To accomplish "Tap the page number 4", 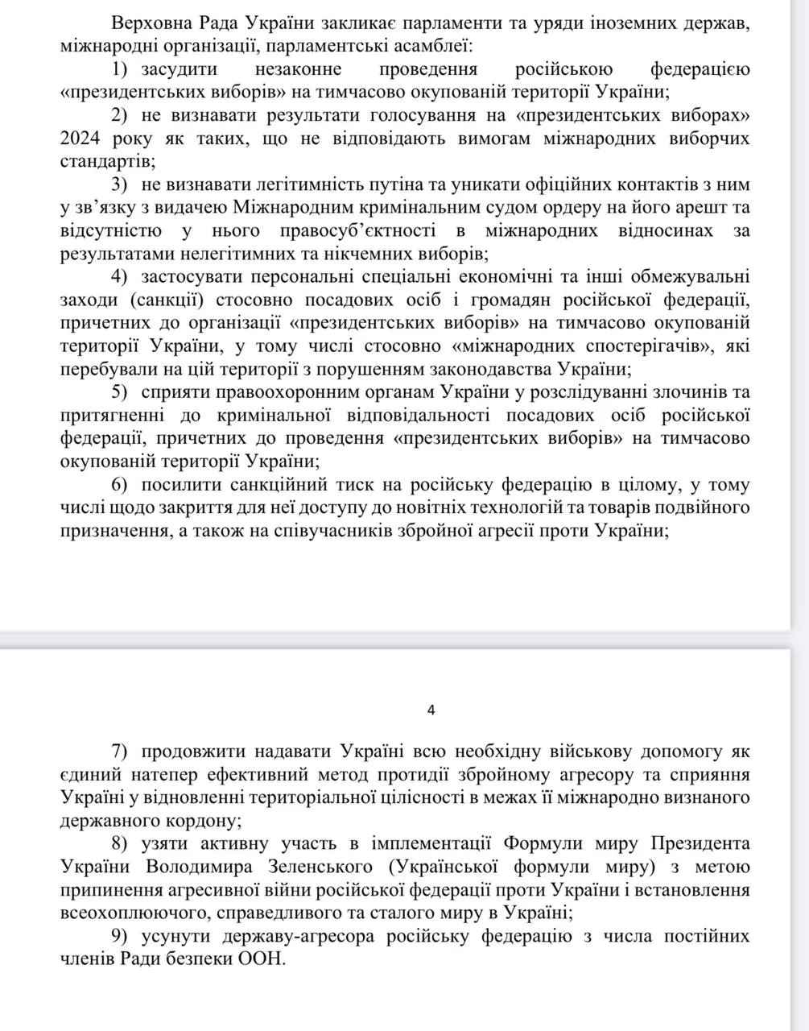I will click(x=431, y=710).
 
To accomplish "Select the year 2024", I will click(x=80, y=138).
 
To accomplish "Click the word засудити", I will click(x=183, y=68).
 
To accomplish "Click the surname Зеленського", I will click(x=316, y=867).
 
